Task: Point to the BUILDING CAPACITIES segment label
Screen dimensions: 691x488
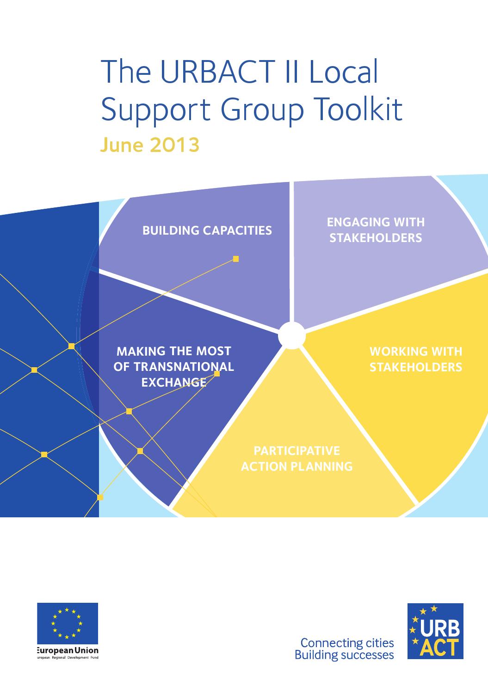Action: click(x=207, y=230)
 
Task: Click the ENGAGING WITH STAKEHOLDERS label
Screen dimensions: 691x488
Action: click(x=376, y=230)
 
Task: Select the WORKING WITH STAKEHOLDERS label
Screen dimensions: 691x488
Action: click(x=415, y=359)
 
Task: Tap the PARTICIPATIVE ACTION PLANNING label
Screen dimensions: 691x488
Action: click(x=297, y=458)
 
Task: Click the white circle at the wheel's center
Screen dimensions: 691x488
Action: click(x=292, y=335)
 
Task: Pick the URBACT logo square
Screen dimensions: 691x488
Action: click(x=435, y=630)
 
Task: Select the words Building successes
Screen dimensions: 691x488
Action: click(x=344, y=655)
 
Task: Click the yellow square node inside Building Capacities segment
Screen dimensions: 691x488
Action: click(x=236, y=259)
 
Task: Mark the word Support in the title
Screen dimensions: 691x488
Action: click(x=156, y=111)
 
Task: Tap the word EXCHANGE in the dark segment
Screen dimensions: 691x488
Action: click(x=173, y=382)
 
